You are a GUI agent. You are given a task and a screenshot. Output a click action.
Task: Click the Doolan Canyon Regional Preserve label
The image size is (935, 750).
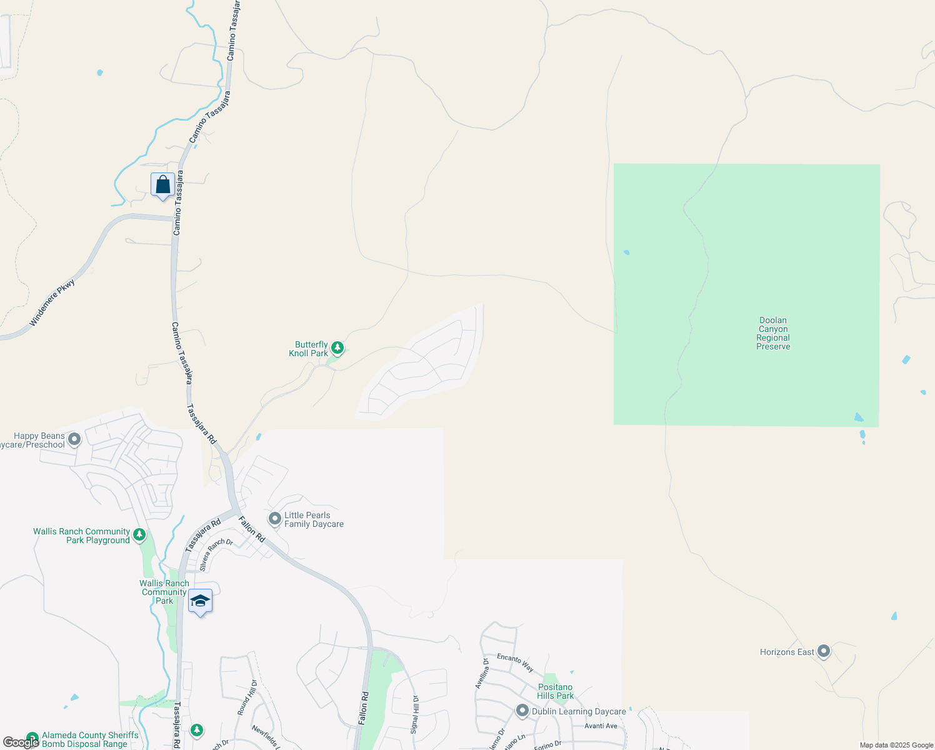click(773, 333)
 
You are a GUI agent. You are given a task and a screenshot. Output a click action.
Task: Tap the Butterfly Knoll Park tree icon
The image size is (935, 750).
click(337, 347)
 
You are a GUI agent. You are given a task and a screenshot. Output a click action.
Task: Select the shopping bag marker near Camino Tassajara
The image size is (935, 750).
click(162, 185)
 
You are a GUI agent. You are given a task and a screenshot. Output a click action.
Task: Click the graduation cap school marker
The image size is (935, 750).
click(200, 601)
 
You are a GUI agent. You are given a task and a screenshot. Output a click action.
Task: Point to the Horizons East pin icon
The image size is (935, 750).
click(824, 651)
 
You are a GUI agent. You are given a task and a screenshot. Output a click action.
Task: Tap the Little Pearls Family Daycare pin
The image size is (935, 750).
click(274, 519)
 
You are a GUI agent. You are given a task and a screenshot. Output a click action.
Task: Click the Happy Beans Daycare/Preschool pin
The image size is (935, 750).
click(74, 439)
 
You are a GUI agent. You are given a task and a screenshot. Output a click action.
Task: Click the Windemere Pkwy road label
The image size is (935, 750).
click(52, 303)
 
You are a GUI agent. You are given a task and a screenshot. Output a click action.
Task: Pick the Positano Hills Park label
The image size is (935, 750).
click(555, 691)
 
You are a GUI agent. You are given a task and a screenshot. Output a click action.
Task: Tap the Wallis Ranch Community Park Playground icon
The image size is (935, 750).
click(139, 534)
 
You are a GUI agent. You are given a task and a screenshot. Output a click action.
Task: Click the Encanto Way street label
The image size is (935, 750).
click(515, 662)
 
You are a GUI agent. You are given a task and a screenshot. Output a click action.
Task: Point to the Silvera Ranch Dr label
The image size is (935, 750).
click(216, 554)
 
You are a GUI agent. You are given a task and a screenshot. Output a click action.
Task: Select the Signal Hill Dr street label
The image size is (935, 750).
click(415, 714)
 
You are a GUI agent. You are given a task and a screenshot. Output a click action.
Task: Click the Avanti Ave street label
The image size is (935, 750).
click(601, 726)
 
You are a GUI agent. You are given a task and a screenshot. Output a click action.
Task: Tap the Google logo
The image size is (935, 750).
click(21, 742)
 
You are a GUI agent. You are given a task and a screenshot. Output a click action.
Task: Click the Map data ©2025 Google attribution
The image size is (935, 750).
click(896, 745)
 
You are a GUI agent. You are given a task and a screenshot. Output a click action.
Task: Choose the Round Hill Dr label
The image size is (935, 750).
click(247, 697)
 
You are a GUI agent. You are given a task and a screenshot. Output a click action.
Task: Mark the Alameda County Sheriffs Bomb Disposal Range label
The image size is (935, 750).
click(90, 739)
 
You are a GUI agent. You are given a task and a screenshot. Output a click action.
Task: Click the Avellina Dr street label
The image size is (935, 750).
click(482, 673)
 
